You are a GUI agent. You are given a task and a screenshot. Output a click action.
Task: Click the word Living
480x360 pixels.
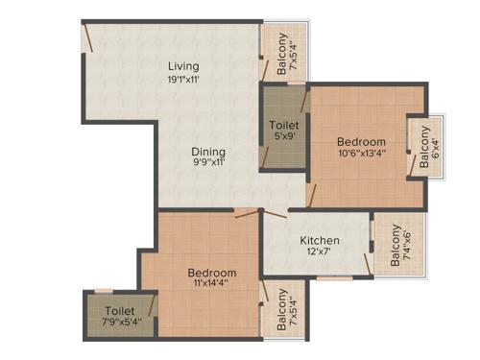182,66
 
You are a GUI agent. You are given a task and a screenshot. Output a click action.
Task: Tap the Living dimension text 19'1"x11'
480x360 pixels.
182,80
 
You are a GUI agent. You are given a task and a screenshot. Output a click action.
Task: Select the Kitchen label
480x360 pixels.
318,240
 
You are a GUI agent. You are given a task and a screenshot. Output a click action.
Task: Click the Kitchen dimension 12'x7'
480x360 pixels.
318,253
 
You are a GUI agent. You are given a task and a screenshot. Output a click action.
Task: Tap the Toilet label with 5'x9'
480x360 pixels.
282,125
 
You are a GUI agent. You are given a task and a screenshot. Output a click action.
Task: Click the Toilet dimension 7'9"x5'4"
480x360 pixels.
119,324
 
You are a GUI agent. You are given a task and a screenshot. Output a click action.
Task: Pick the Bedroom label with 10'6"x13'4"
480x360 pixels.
361,141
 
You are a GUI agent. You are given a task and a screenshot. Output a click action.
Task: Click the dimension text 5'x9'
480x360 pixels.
282,137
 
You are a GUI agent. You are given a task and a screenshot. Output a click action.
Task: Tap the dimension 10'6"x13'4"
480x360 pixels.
361,153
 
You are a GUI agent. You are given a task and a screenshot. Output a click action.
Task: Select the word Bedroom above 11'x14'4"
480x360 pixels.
211,274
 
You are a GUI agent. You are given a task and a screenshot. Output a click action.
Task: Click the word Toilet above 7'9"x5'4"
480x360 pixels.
119,311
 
